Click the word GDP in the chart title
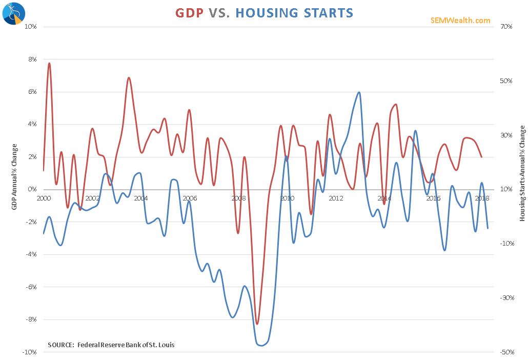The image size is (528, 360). pos(190,12)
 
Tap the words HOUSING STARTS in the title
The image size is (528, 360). pos(294,12)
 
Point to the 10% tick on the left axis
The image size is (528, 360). pos(31,27)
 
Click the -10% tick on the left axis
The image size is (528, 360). pos(30,352)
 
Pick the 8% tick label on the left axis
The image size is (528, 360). pos(32,59)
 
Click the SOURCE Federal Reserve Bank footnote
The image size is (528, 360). pos(111,345)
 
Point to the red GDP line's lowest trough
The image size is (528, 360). pos(257,324)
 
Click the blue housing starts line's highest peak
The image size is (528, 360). pos(359,92)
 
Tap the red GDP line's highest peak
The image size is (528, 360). pos(50,63)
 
